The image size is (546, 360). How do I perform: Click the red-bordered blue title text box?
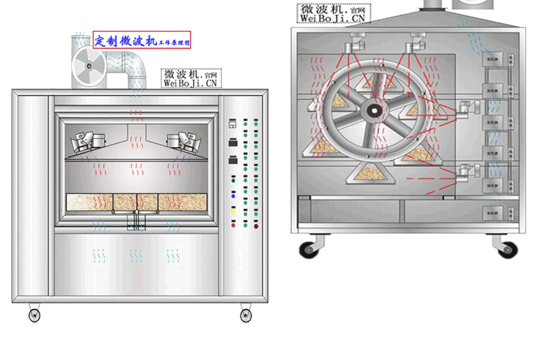pos(142,40)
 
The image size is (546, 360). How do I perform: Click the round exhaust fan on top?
pos(89,65)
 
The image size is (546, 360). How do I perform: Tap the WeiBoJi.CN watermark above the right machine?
pos(333,13)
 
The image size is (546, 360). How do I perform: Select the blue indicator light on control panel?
pos(233,197)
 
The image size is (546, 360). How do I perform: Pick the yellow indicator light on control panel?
pos(233,209)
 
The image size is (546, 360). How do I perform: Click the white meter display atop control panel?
pos(233,123)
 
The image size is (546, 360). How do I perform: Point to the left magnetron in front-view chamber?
pos(84,140)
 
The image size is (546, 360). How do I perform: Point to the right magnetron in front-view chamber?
pos(186,140)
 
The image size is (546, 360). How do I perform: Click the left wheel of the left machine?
pos(34,315)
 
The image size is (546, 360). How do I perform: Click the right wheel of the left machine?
pos(246,315)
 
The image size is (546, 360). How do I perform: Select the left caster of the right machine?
pos(308,248)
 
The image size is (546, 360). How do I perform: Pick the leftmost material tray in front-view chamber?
pos(89,201)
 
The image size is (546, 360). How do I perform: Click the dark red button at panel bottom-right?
pos(256,226)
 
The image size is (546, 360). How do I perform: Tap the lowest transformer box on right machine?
pos(493,213)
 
